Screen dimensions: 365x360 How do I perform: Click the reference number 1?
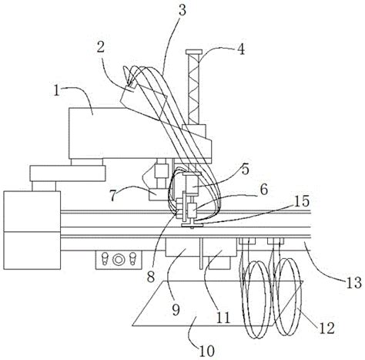click(56, 91)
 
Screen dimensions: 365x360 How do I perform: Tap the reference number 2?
click(101, 46)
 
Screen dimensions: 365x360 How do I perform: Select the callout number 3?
click(182, 9)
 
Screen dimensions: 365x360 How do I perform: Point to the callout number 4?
click(240, 49)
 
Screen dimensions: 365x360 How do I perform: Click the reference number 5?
click(245, 170)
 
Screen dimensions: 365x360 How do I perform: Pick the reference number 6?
click(263, 190)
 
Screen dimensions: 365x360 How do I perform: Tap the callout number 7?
click(115, 196)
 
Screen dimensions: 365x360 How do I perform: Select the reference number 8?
click(151, 277)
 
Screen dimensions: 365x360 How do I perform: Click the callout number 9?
click(176, 310)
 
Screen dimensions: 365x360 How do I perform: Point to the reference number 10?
click(207, 351)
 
